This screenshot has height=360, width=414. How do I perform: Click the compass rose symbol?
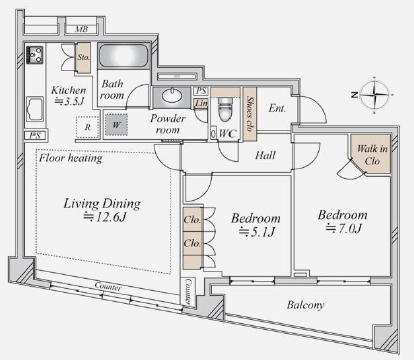pyautogui.click(x=375, y=95)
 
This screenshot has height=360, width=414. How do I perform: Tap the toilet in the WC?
pyautogui.click(x=225, y=109)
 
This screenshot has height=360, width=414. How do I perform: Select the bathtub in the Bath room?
pyautogui.click(x=123, y=56)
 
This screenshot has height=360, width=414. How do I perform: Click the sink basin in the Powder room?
pyautogui.click(x=172, y=97)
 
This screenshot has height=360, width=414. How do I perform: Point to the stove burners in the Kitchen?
pyautogui.click(x=35, y=55)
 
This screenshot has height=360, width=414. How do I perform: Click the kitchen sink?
pyautogui.click(x=35, y=109)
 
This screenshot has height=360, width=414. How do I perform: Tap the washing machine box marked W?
pyautogui.click(x=116, y=125)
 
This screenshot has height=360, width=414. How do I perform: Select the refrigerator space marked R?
pyautogui.click(x=88, y=127)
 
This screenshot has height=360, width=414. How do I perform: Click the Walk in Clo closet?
pyautogui.click(x=372, y=155)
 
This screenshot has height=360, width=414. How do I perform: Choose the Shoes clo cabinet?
pyautogui.click(x=250, y=114)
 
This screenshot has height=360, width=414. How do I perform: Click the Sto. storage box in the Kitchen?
pyautogui.click(x=83, y=58)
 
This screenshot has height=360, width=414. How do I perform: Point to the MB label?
pyautogui.click(x=82, y=29)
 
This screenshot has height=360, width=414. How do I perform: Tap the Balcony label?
pyautogui.click(x=305, y=305)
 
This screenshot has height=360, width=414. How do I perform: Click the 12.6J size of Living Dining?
pyautogui.click(x=105, y=217)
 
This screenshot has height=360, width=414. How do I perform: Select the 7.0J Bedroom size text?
pyautogui.click(x=344, y=228)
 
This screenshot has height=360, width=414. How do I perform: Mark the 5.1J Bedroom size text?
pyautogui.click(x=257, y=231)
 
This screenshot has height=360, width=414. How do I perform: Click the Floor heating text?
pyautogui.click(x=71, y=158)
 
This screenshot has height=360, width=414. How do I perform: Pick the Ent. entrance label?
pyautogui.click(x=277, y=108)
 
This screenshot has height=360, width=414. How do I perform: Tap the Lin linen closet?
pyautogui.click(x=201, y=103)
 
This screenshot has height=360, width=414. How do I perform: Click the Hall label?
pyautogui.click(x=265, y=155)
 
